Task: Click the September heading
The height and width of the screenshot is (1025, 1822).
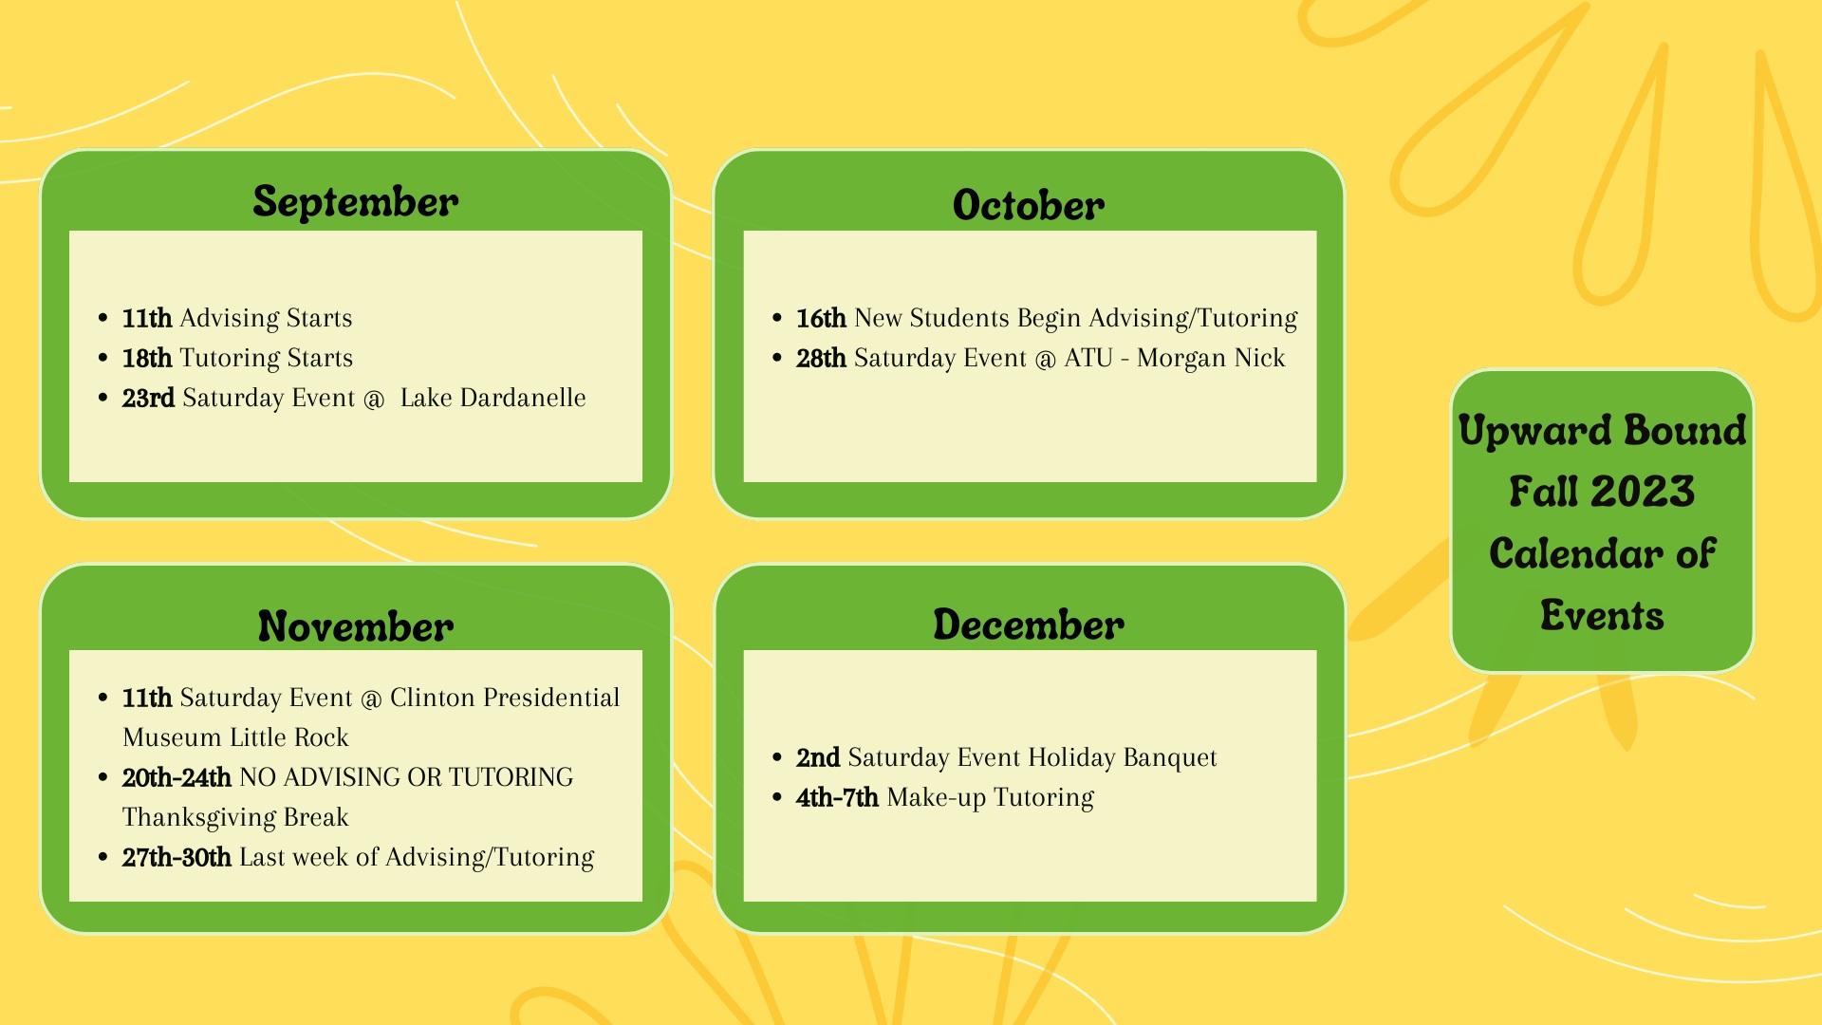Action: pyautogui.click(x=356, y=202)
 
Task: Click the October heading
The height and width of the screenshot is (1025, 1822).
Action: pyautogui.click(x=1029, y=205)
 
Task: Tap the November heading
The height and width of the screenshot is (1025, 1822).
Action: pyautogui.click(x=356, y=626)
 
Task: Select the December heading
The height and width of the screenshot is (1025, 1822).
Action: pyautogui.click(x=1029, y=624)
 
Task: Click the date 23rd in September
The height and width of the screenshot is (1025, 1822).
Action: pyautogui.click(x=148, y=398)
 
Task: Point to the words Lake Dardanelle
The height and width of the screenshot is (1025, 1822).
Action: pyautogui.click(x=493, y=398)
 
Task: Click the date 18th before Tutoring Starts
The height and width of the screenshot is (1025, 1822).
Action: pyautogui.click(x=147, y=358)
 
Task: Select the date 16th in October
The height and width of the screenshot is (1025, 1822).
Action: pyautogui.click(x=821, y=318)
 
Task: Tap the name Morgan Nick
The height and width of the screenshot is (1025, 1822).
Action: pyautogui.click(x=1211, y=358)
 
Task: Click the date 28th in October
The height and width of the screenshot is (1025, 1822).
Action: pyautogui.click(x=821, y=358)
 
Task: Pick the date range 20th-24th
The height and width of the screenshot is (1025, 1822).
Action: pyautogui.click(x=177, y=777)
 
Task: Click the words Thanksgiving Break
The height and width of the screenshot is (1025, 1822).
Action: pyautogui.click(x=235, y=817)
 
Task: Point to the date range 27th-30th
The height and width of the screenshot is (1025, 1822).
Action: pyautogui.click(x=177, y=857)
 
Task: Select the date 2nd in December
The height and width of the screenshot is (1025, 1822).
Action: pyautogui.click(x=818, y=757)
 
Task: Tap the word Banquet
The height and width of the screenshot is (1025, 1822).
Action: pyautogui.click(x=1169, y=757)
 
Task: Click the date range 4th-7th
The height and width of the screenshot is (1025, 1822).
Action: pyautogui.click(x=837, y=797)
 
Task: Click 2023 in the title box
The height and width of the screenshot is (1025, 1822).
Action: pyautogui.click(x=1643, y=492)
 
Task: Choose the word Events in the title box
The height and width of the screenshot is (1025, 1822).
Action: pyautogui.click(x=1602, y=615)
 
